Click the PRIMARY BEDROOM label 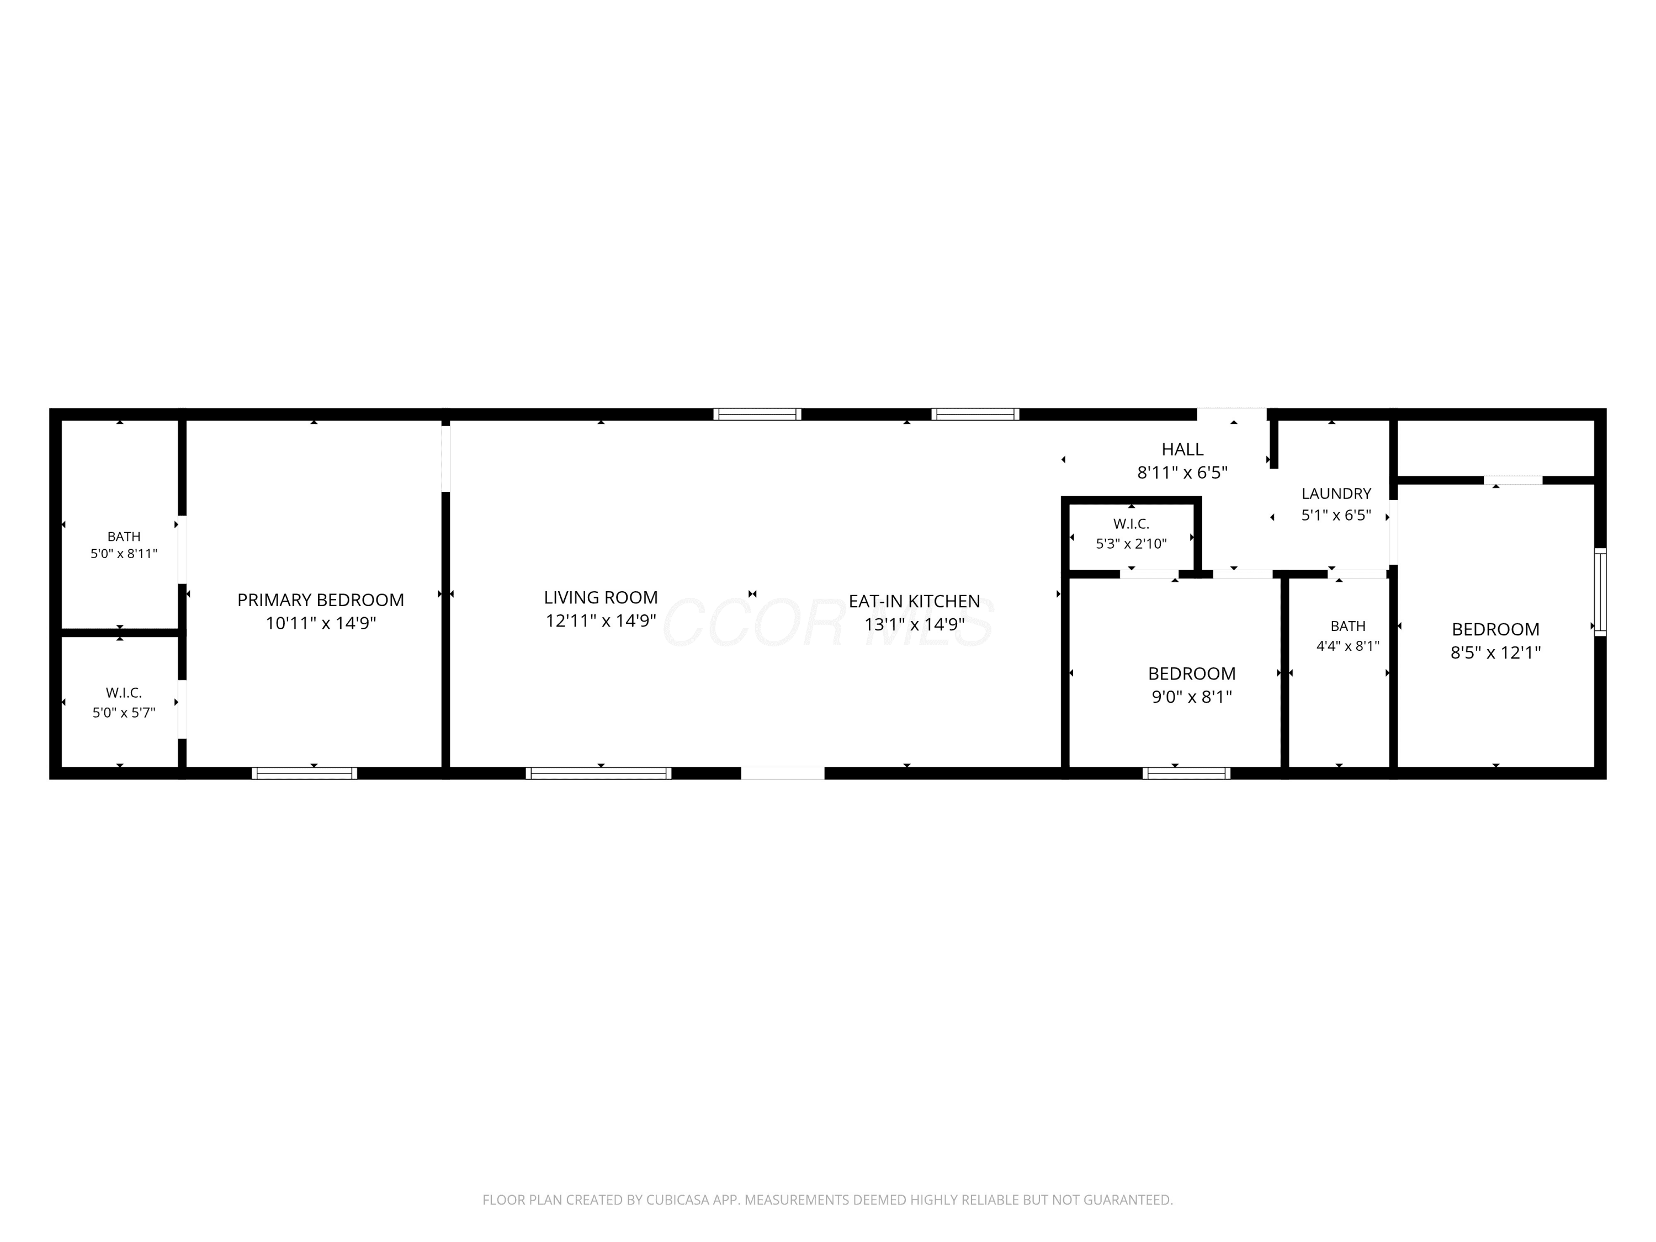point(320,599)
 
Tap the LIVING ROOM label point(601,597)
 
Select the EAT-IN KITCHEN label point(914,601)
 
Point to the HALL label point(1182,449)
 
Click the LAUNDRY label point(1336,493)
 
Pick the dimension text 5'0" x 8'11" point(124,554)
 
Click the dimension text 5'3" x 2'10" point(1131,544)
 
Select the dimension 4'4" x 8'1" point(1347,645)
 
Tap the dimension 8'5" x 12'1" point(1496,652)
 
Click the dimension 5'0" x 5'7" point(124,713)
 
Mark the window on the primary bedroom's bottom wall point(304,773)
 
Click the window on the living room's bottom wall point(598,773)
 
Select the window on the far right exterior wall point(1601,591)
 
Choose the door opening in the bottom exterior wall point(783,773)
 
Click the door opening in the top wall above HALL point(1232,414)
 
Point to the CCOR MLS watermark point(828,623)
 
